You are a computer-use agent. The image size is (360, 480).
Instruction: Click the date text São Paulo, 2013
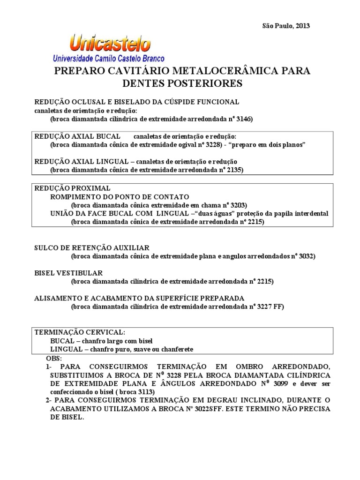pos(285,26)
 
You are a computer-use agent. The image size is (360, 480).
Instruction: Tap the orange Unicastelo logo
pos(110,45)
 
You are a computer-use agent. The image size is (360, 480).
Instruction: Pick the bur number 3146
pos(244,119)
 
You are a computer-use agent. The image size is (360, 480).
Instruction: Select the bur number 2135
pos(234,170)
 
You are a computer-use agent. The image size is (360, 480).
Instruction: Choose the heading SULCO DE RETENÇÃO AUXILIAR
pos(92,247)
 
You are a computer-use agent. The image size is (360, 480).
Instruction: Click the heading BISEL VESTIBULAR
pos(68,273)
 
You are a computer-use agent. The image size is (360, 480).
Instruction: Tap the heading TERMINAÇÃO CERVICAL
pos(80,332)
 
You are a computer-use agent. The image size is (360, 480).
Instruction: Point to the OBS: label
pos(53,358)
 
